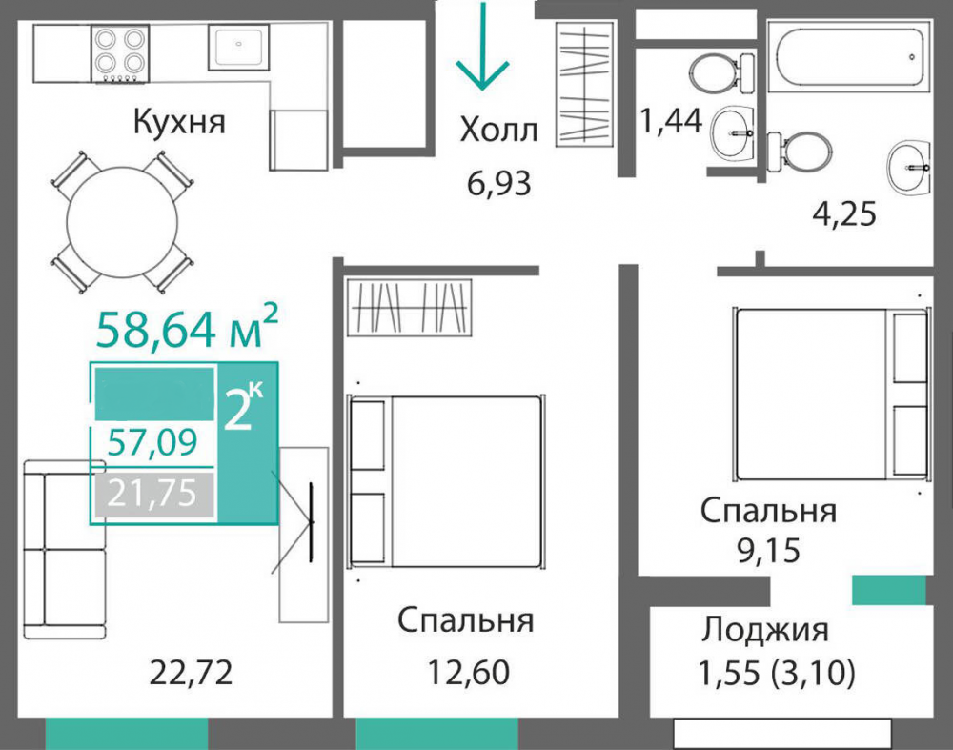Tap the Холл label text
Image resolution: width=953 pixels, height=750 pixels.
tap(498, 130)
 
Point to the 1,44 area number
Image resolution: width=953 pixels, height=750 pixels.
tap(670, 121)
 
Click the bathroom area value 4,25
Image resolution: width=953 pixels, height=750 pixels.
tap(843, 213)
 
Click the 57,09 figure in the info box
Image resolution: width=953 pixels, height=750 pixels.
tap(152, 442)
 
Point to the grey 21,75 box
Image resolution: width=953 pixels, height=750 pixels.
tap(152, 494)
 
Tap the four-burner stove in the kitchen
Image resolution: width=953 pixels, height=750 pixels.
tap(121, 52)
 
